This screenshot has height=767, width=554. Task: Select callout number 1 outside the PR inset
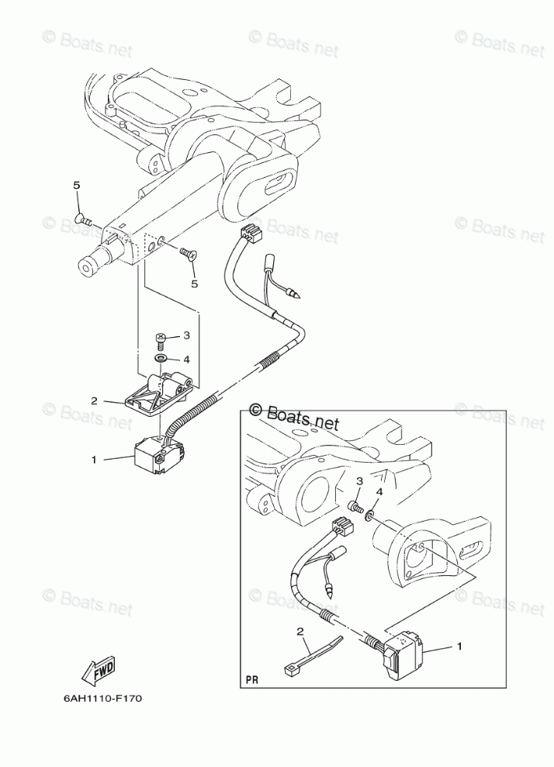[x=93, y=460]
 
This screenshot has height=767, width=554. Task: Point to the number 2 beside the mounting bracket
[x=94, y=401]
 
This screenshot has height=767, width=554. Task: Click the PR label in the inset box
[x=251, y=678]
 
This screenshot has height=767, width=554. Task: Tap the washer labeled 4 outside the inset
[x=160, y=359]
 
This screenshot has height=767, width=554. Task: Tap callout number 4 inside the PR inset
[x=379, y=491]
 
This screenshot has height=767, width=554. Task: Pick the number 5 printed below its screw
[x=195, y=283]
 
